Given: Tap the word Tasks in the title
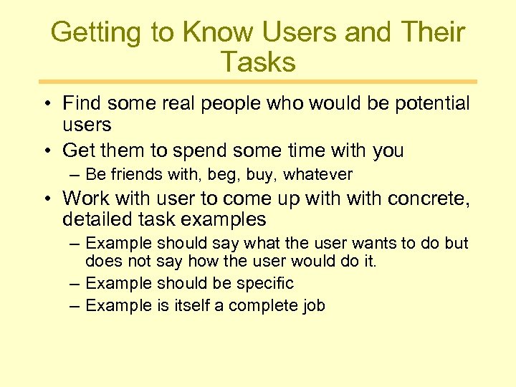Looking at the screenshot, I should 258,62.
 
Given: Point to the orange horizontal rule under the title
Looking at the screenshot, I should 258,82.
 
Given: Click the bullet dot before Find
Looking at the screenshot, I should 45,105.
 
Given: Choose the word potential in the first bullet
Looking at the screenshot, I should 428,104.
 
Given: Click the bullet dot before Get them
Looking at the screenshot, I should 45,152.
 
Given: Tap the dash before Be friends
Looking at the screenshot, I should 75,174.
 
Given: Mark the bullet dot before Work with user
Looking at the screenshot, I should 45,199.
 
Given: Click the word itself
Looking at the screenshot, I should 191,305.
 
